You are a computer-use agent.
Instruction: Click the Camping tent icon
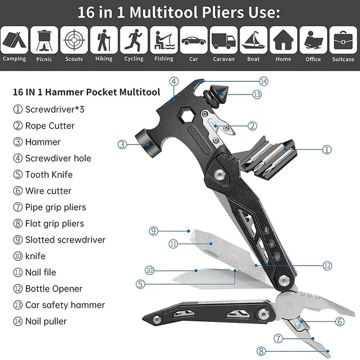tap(14, 40)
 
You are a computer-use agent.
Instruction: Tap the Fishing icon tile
tap(164, 40)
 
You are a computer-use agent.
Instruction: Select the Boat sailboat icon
tap(253, 40)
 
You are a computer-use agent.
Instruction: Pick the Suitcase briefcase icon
tap(343, 40)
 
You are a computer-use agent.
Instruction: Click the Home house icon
tap(283, 40)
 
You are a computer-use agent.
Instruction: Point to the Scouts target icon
tap(74, 40)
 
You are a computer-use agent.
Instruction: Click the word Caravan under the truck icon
tap(224, 59)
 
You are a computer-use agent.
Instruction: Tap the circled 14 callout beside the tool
tap(264, 81)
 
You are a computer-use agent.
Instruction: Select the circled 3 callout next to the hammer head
tap(122, 145)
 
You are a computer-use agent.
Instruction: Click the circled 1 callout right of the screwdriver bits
tap(327, 150)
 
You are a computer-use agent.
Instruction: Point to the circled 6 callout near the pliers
tap(340, 321)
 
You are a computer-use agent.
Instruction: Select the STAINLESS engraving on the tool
tap(200, 139)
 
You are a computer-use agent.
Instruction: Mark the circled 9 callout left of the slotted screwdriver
tap(153, 231)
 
